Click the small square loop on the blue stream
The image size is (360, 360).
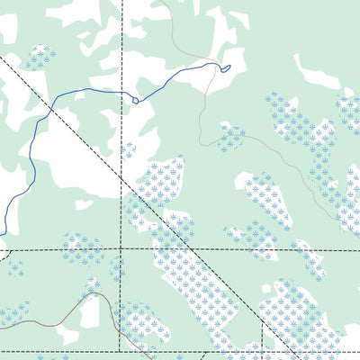coord(136,100)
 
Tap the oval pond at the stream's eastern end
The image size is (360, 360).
coord(226,67)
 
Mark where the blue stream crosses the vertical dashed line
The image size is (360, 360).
coord(122,90)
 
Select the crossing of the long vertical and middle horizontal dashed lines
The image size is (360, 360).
coord(122,247)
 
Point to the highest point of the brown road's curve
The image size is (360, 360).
coord(94,293)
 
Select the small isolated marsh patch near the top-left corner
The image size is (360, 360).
coord(39,58)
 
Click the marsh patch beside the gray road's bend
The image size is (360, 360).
coord(231,137)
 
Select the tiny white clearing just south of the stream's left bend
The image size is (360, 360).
coord(84,204)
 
